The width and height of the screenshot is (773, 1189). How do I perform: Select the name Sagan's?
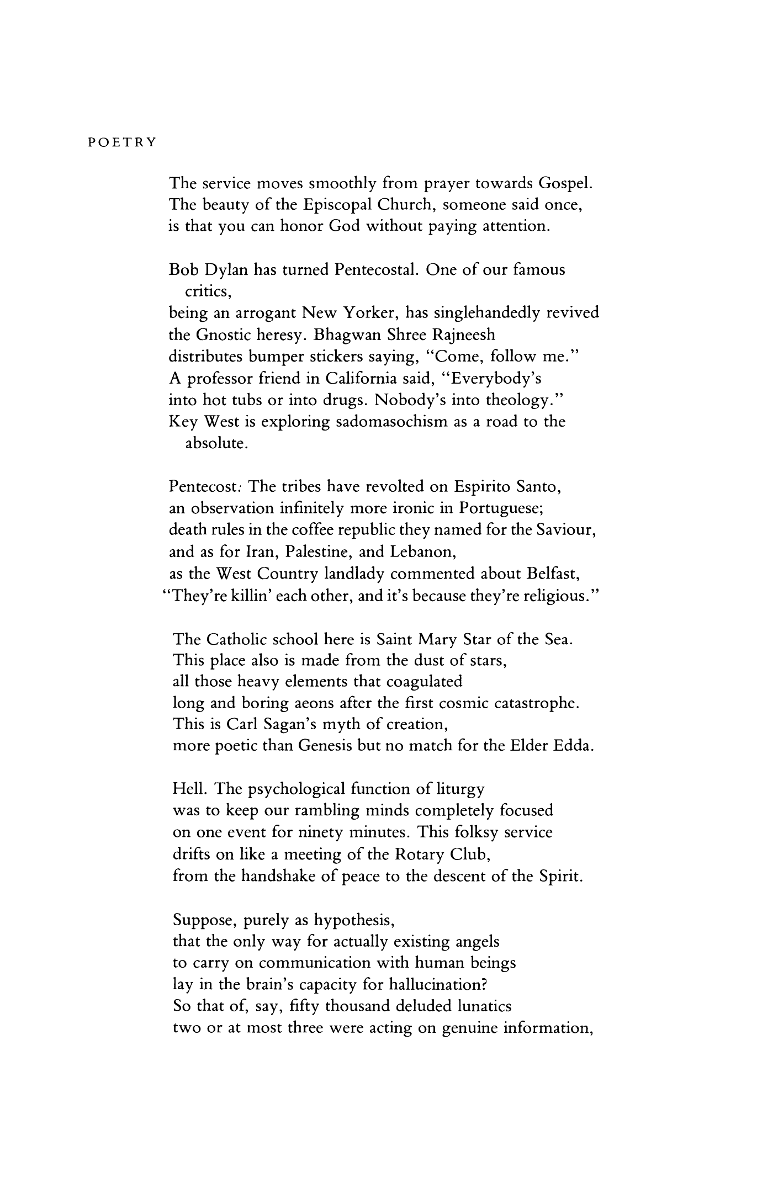[279, 724]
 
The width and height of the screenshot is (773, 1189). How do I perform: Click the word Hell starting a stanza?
[188, 789]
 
